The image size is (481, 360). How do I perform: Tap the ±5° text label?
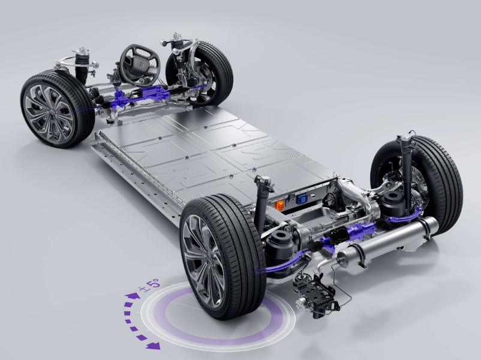tap(149, 284)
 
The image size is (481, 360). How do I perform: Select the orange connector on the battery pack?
tap(279, 205)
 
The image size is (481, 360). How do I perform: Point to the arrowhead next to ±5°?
tap(132, 296)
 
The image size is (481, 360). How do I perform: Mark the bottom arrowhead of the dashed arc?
tap(153, 346)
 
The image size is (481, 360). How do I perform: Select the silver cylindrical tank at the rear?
tap(387, 242)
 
